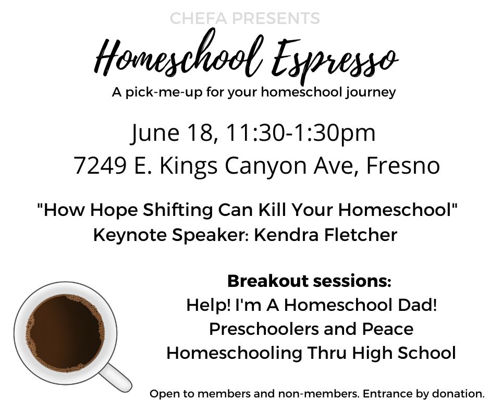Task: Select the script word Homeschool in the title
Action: click(x=179, y=53)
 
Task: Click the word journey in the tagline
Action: click(x=371, y=93)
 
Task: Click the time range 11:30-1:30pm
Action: click(x=301, y=134)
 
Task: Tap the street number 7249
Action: click(x=100, y=165)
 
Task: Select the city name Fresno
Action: click(x=403, y=165)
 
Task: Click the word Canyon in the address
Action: click(x=266, y=166)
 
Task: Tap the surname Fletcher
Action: click(x=360, y=235)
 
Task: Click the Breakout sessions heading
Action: click(x=309, y=281)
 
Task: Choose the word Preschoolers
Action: click(x=264, y=329)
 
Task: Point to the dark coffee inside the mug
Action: click(x=65, y=333)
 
